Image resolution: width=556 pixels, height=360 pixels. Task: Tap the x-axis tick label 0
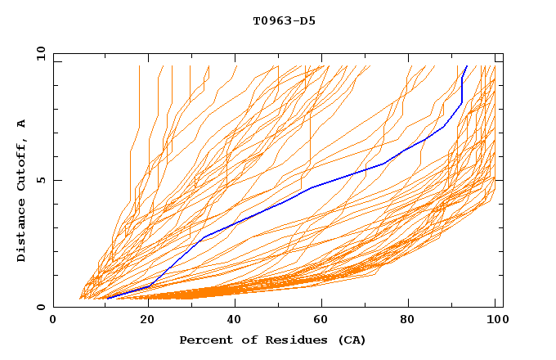click(53, 320)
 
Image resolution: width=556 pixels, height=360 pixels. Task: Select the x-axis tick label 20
click(142, 320)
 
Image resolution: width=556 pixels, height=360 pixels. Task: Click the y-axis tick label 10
click(39, 53)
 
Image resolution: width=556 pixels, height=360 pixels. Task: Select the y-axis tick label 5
click(43, 180)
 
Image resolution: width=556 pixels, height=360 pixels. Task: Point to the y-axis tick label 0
click(43, 307)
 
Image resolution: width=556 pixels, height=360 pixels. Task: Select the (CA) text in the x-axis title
click(349, 340)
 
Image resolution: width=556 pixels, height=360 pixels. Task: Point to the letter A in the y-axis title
click(22, 124)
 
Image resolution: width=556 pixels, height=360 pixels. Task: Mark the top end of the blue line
click(467, 65)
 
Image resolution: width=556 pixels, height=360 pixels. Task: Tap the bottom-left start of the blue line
click(107, 299)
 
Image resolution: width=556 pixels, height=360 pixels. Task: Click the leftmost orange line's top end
click(140, 65)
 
